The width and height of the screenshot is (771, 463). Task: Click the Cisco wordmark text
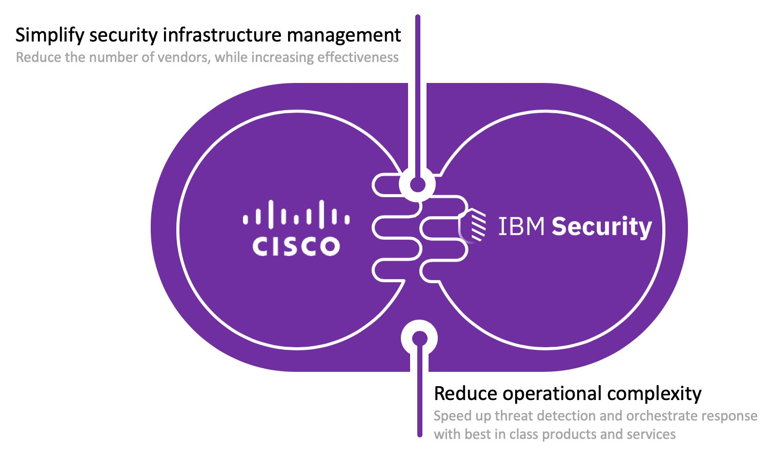click(x=296, y=246)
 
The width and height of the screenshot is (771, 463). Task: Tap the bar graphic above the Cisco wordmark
click(x=296, y=214)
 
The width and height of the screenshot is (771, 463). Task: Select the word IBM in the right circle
click(x=521, y=226)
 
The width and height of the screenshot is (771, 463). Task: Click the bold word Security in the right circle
click(x=601, y=227)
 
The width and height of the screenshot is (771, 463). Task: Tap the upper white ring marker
click(x=418, y=184)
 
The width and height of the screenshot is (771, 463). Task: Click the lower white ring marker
click(x=419, y=338)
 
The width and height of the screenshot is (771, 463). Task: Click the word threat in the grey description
click(x=514, y=416)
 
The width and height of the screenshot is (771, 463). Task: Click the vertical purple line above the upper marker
click(x=418, y=92)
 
